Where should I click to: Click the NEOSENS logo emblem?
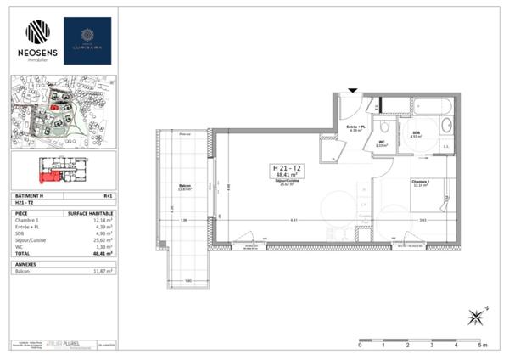point(37,31)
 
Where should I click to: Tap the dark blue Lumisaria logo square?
point(87,40)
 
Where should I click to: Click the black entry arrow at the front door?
point(352,91)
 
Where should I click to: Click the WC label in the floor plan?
point(382,143)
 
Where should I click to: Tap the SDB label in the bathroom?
point(417,134)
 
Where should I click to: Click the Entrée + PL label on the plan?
point(355,127)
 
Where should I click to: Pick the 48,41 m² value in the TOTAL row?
point(103,253)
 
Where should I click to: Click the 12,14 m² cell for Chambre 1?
point(103,221)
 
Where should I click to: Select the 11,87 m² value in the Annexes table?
point(103,270)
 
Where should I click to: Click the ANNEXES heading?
point(26,262)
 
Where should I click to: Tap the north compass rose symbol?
point(478,318)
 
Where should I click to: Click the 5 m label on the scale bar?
point(481,346)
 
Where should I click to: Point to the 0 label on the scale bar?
point(361,346)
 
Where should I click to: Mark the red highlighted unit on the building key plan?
point(48,176)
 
